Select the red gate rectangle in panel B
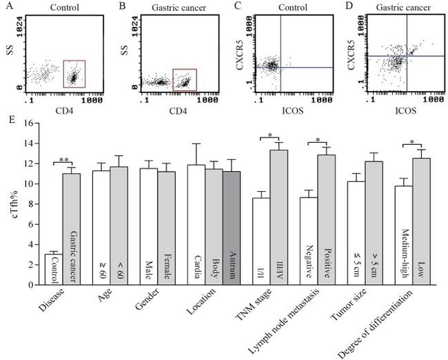184,79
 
